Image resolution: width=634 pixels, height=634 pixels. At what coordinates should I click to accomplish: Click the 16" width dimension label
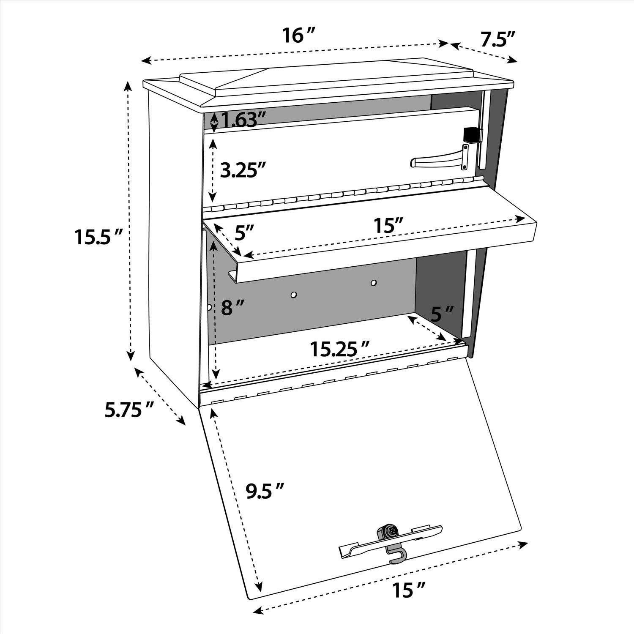tap(300, 36)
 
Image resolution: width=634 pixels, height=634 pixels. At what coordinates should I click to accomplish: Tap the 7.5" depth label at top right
tap(497, 39)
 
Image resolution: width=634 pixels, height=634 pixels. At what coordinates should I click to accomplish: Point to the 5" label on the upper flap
tap(244, 232)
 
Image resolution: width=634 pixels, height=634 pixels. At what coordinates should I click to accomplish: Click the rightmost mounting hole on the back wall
tap(373, 282)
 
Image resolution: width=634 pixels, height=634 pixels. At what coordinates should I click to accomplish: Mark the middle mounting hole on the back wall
tap(293, 294)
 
